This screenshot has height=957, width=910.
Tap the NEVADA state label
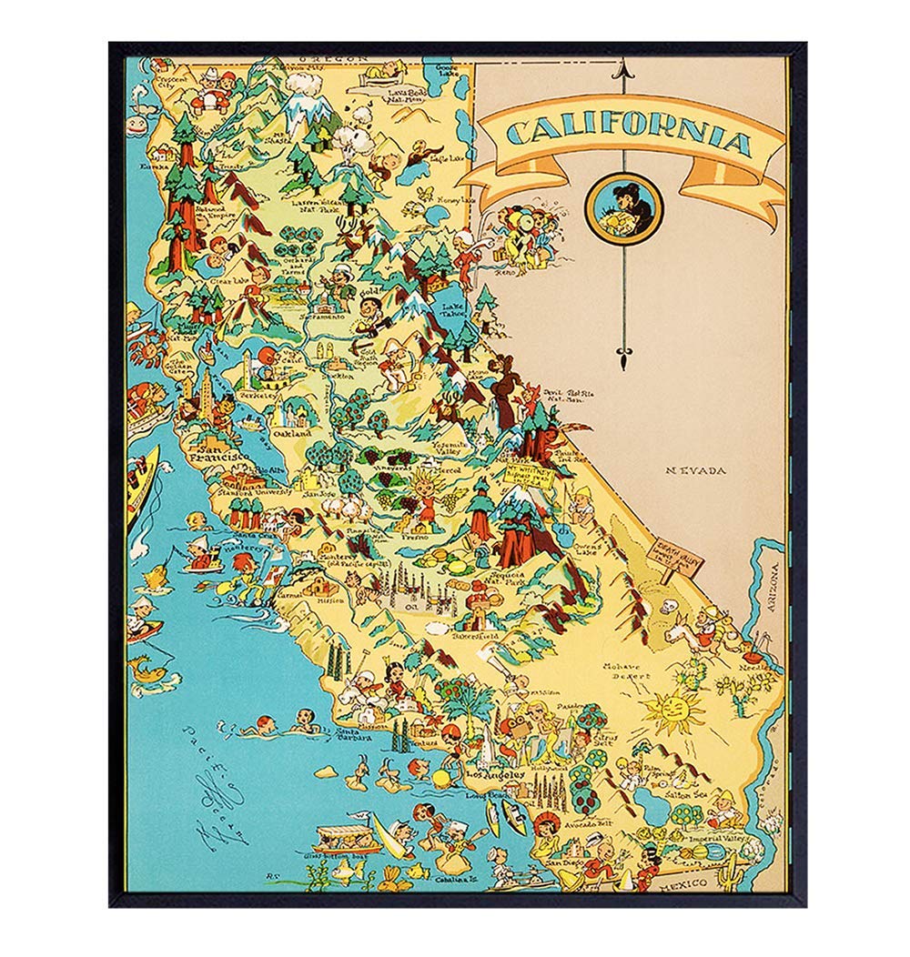695,470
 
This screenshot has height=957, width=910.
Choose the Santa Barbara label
354,735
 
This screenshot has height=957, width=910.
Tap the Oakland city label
294,434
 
